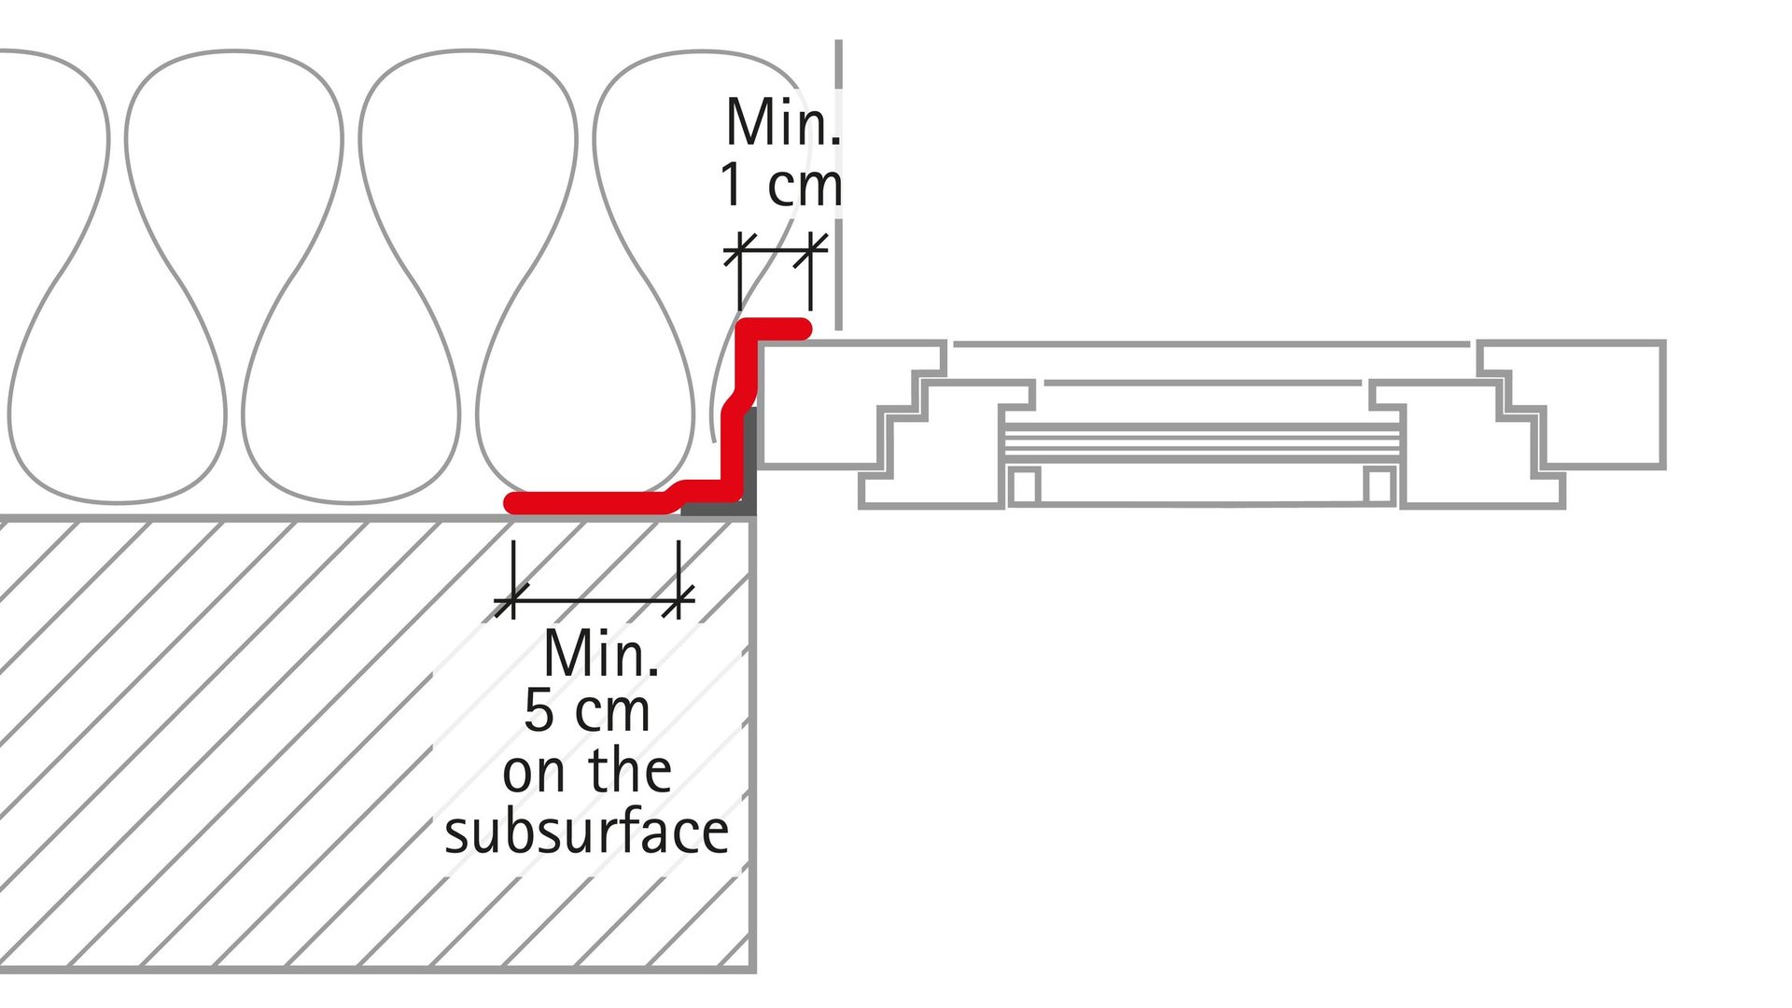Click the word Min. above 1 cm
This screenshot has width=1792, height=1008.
(x=782, y=122)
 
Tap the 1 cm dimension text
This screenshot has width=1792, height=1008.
(x=780, y=185)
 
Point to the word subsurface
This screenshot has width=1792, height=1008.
(x=586, y=832)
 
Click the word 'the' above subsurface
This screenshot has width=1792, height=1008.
(x=630, y=771)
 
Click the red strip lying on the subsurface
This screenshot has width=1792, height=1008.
(x=588, y=503)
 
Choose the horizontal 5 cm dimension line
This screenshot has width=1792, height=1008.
(x=595, y=600)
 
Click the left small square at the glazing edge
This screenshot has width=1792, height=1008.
(x=1024, y=485)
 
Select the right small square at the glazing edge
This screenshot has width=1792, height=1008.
(x=1378, y=485)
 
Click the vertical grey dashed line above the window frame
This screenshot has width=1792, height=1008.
(x=839, y=187)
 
